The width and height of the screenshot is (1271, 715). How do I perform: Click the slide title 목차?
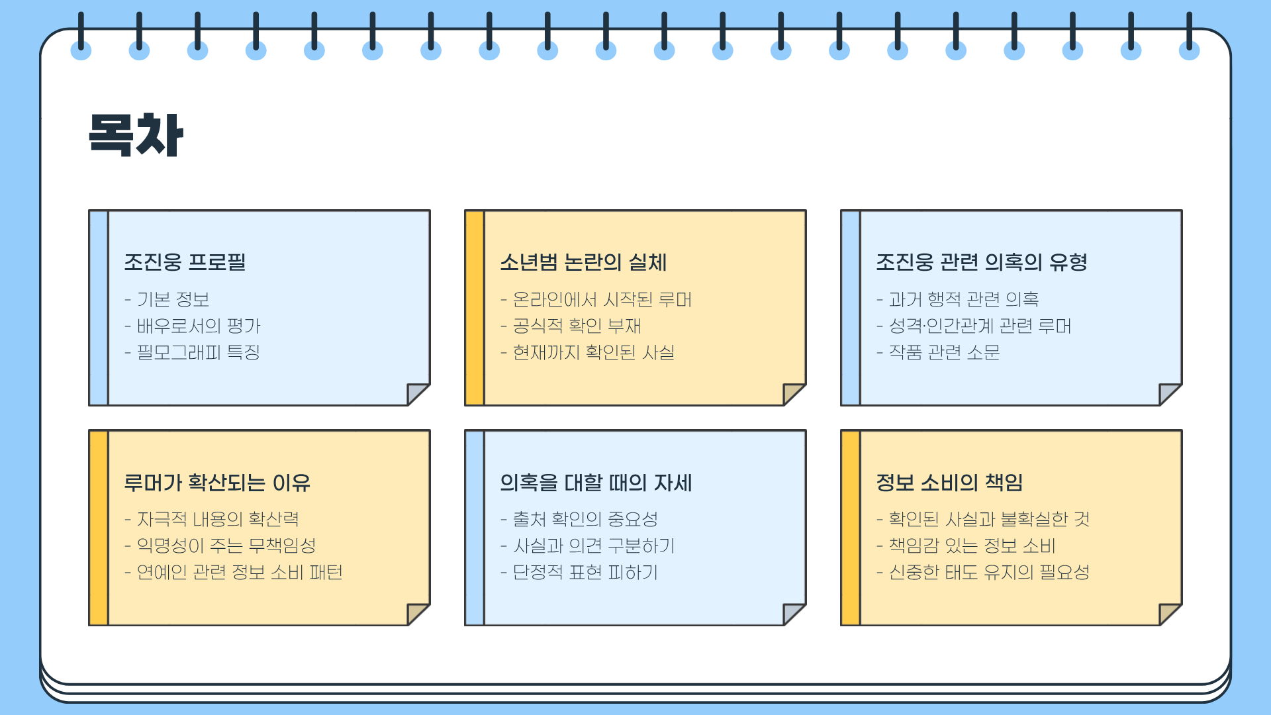[x=136, y=135]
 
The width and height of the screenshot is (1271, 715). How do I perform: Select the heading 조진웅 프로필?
[x=185, y=262]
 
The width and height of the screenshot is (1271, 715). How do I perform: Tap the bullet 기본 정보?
[x=173, y=299]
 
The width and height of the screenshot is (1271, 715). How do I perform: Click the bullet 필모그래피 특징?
[x=198, y=352]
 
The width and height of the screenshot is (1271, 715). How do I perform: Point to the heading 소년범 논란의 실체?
[x=583, y=262]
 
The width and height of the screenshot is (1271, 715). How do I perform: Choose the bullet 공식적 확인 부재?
[x=576, y=326]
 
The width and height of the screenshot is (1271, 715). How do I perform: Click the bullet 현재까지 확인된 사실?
[x=593, y=352]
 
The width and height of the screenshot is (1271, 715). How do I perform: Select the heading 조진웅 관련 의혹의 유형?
[x=981, y=262]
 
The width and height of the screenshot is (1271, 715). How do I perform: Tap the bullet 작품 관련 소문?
[x=944, y=352]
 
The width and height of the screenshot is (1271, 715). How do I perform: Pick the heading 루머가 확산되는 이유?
[x=217, y=483]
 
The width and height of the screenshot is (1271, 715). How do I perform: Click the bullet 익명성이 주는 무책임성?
[x=226, y=546]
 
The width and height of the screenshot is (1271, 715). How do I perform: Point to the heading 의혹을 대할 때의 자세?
[x=596, y=483]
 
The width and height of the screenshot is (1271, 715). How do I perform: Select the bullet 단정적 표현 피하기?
[x=585, y=572]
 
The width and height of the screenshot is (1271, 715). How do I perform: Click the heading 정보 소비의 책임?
[x=949, y=483]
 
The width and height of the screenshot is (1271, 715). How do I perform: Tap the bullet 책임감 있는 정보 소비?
[x=971, y=546]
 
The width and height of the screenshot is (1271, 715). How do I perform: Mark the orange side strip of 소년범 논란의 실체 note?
[x=475, y=308]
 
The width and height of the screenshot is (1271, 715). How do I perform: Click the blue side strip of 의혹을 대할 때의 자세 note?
[x=475, y=528]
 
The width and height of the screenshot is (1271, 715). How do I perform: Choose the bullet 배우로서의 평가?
[x=199, y=326]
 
